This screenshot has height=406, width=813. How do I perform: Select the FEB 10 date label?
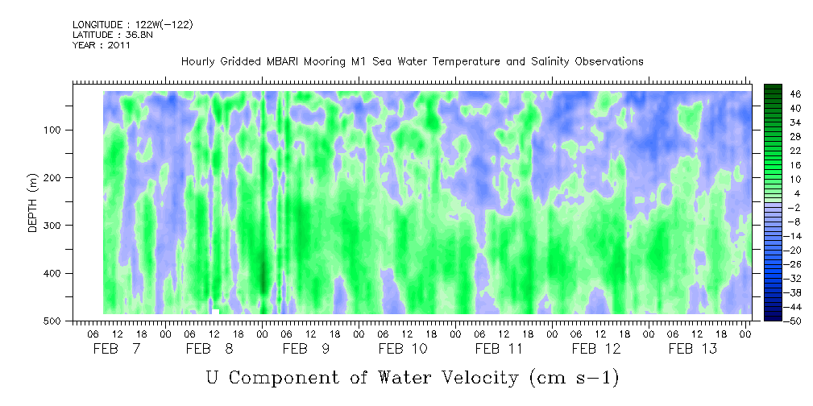(404, 349)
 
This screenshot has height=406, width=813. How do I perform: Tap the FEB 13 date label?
(693, 349)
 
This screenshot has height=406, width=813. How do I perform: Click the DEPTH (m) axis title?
(33, 202)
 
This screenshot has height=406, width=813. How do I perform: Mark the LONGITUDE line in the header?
(133, 24)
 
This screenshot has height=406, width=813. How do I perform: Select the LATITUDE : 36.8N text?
(113, 35)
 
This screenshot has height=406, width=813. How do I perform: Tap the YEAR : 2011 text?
(102, 45)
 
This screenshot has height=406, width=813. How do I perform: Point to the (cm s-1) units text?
(574, 379)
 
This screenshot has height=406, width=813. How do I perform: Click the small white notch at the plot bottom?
(215, 312)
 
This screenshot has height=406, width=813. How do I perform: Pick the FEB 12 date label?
(596, 349)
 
